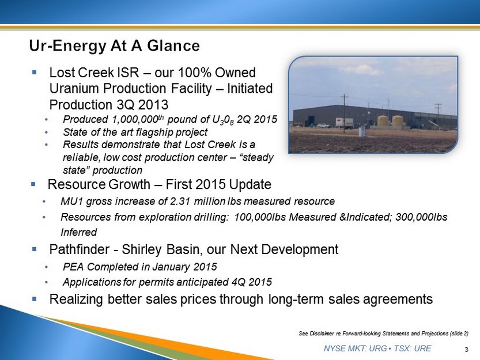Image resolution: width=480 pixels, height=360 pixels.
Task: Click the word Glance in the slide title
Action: [173, 46]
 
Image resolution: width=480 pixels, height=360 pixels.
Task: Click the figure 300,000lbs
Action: [422, 217]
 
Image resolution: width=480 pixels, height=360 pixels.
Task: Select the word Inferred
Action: [79, 232]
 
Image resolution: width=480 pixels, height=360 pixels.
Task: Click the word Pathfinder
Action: [80, 249]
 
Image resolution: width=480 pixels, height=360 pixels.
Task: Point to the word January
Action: [169, 267]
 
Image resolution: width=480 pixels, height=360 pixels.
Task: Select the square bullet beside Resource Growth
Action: [33, 184]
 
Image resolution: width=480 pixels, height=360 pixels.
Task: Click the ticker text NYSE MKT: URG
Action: [354, 348]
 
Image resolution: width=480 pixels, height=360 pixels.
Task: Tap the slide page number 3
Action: [467, 350]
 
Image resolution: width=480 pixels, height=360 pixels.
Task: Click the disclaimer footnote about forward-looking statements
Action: [384, 334]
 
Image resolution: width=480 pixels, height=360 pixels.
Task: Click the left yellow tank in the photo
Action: [383, 122]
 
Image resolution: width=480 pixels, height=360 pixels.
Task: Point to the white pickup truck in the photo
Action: [323, 125]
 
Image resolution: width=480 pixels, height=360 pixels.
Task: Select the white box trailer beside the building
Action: [344, 123]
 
